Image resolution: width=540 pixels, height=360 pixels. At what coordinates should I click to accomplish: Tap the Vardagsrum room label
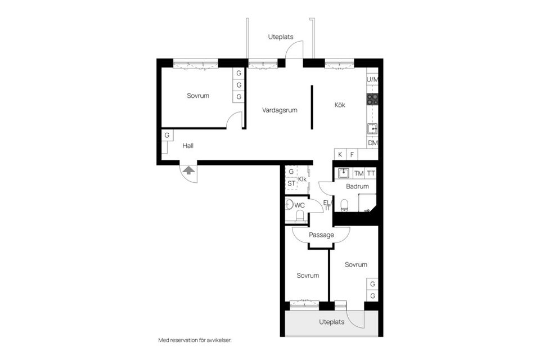280,111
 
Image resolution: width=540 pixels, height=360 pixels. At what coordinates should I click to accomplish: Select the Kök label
340,105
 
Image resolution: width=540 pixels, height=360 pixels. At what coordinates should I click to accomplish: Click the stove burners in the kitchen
372,100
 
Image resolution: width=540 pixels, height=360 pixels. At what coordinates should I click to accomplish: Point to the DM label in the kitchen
372,143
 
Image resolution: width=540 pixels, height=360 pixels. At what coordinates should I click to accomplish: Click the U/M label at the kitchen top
372,79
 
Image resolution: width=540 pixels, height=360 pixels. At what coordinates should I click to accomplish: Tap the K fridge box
340,154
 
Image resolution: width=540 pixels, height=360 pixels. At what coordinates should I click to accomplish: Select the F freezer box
352,154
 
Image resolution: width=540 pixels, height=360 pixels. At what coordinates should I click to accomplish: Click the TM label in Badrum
359,173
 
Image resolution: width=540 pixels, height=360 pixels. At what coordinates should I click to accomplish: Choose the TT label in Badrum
371,173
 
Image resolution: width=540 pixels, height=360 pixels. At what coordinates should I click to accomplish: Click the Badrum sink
344,173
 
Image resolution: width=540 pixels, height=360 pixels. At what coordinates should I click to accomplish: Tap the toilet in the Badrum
345,204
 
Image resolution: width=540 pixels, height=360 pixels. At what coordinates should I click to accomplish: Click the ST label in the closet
291,183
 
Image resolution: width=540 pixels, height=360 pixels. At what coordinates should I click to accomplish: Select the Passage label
322,235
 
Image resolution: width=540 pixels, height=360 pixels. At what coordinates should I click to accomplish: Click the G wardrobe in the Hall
167,136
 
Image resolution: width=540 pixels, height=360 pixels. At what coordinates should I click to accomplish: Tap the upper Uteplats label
281,37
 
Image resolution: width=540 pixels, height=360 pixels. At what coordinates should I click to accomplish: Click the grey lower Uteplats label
331,322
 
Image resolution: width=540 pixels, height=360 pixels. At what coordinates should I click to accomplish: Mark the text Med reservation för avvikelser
195,340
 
